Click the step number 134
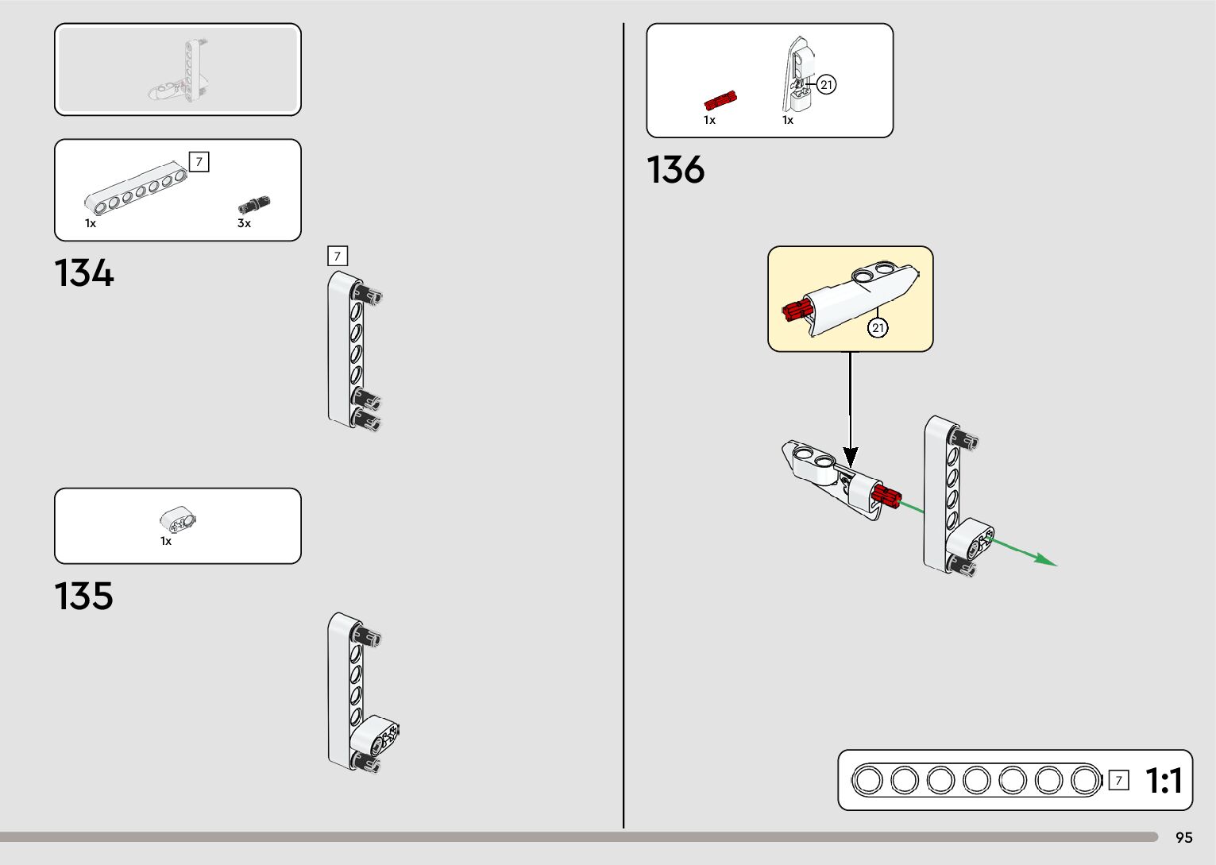[84, 272]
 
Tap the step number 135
[84, 596]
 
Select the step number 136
[675, 169]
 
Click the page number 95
[1183, 837]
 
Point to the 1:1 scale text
[1164, 780]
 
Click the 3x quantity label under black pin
[244, 223]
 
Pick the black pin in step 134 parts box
[254, 205]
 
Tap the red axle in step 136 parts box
[720, 101]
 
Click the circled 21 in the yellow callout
[878, 327]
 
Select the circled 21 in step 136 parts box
[827, 85]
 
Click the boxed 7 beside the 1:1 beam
[1118, 780]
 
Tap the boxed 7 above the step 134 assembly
[338, 256]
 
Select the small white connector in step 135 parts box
[179, 520]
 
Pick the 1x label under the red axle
[709, 120]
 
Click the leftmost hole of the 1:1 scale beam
[868, 780]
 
